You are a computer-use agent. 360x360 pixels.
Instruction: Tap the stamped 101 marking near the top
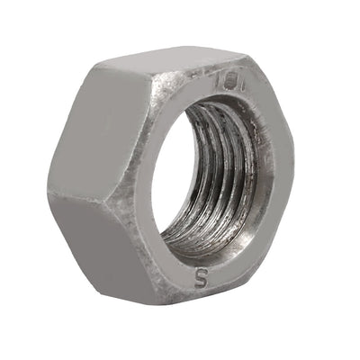[223, 82]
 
